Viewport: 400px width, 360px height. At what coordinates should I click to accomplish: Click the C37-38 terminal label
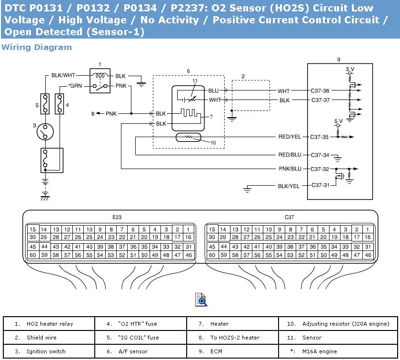pos(320,90)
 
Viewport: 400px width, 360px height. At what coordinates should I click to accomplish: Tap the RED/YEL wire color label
pos(290,137)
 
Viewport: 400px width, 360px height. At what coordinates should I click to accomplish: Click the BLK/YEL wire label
pos(289,186)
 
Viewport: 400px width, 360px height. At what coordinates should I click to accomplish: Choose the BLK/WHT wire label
pos(63,75)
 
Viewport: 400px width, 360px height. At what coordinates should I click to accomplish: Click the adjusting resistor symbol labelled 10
pos(188,137)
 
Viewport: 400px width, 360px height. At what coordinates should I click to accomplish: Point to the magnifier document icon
pos(201,300)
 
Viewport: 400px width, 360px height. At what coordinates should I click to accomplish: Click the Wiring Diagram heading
pos(37,47)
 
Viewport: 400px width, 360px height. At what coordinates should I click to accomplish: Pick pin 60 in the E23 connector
pos(33,255)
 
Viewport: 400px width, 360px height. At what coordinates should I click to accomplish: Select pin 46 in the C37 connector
pos(368,255)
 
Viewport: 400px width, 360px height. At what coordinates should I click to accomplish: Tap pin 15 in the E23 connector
pos(33,230)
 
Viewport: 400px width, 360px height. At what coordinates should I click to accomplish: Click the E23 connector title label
pos(117,217)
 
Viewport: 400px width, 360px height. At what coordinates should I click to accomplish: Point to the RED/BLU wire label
pos(290,155)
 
